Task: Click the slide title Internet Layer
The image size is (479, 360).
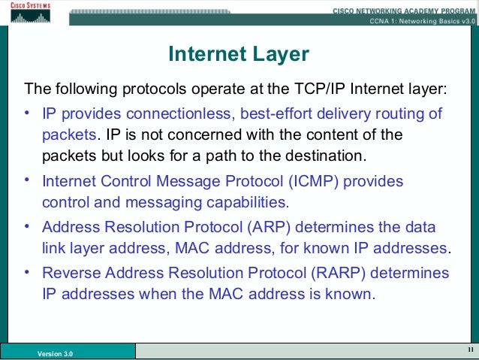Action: click(x=239, y=54)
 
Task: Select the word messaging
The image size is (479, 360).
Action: click(x=156, y=203)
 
